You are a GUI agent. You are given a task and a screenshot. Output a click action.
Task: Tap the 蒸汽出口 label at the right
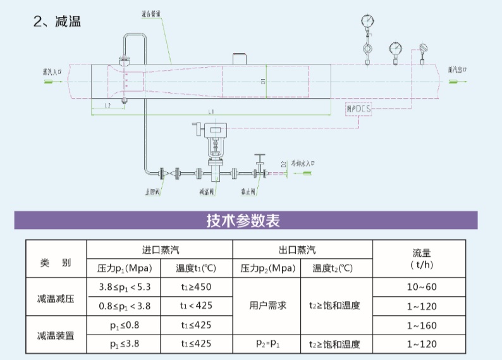pyautogui.click(x=456, y=70)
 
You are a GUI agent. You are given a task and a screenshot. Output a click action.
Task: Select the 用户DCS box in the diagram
pyautogui.click(x=360, y=109)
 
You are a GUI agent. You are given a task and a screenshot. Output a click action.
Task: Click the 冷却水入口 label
pyautogui.click(x=303, y=163)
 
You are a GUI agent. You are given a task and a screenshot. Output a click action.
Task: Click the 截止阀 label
pyautogui.click(x=248, y=190)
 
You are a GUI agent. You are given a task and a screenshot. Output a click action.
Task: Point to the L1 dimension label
pyautogui.click(x=211, y=111)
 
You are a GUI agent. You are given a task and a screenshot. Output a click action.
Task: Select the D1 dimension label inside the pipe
pyautogui.click(x=262, y=80)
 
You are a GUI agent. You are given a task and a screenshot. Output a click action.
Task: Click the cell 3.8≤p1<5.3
pyautogui.click(x=125, y=287)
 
